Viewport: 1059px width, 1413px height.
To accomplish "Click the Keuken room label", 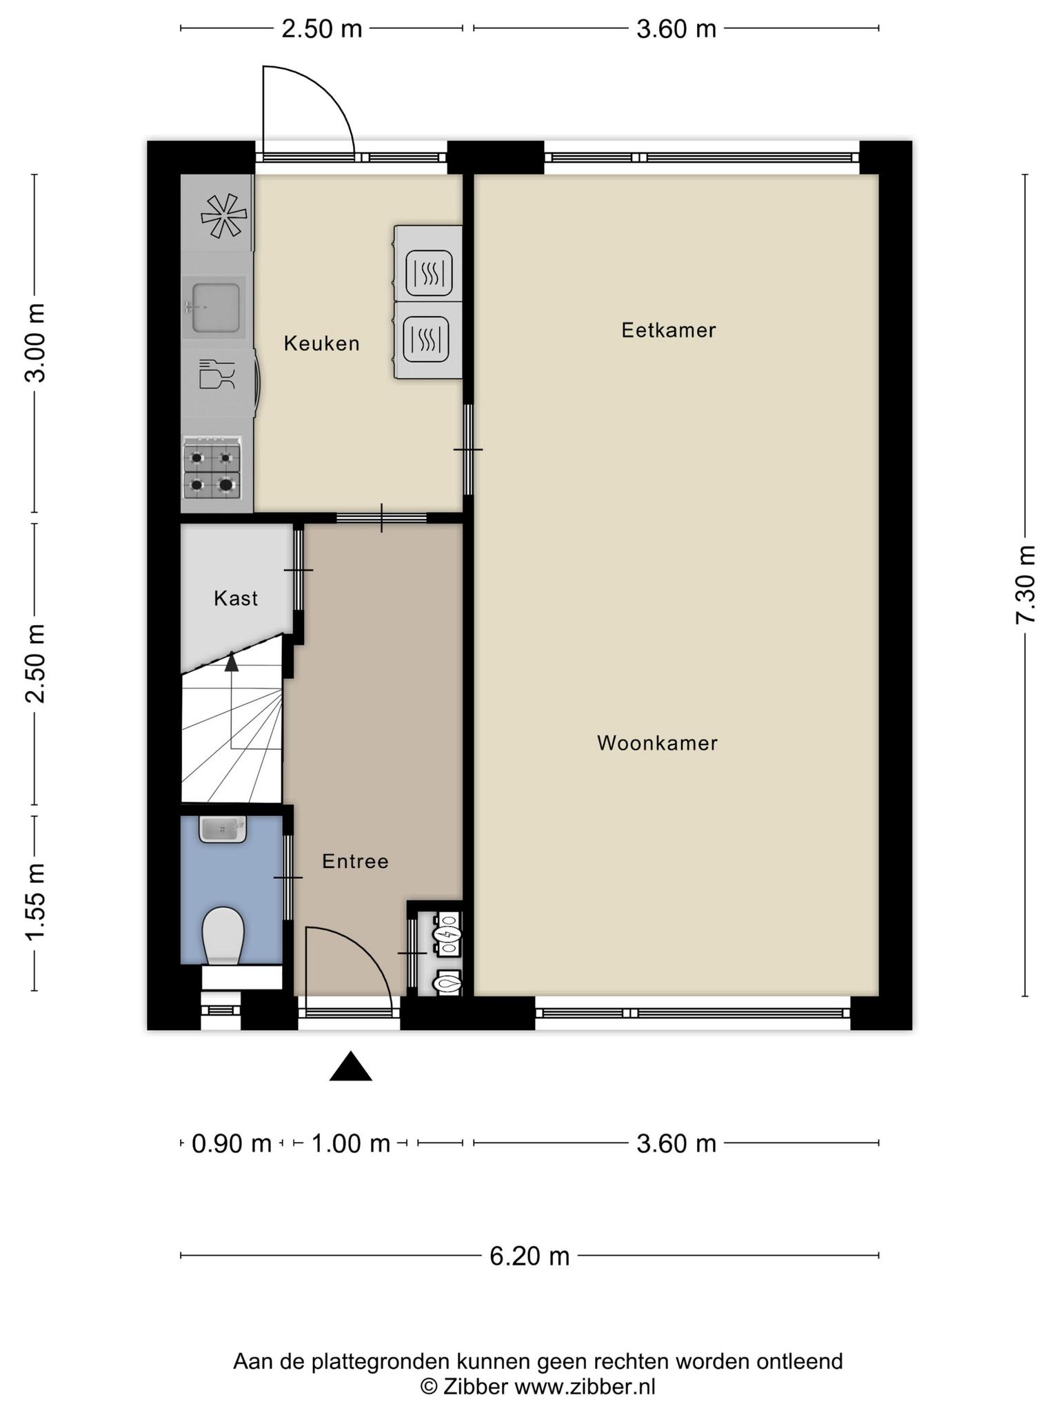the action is tap(322, 343).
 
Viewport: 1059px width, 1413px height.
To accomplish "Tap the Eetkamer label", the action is tap(668, 330).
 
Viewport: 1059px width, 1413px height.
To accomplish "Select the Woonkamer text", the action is tap(657, 743).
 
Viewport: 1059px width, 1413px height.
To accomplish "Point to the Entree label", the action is tap(355, 861).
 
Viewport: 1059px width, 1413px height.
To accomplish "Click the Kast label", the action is tap(236, 598).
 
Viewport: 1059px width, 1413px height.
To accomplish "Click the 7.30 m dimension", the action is tap(1025, 584).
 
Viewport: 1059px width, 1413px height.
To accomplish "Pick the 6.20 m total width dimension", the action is tap(529, 1256).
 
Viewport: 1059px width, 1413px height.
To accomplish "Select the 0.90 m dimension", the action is tap(231, 1144).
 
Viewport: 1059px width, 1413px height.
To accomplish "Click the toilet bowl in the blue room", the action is tap(223, 936).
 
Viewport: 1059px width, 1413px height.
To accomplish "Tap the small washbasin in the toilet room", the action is tap(223, 829).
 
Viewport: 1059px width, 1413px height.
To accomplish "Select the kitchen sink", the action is tap(214, 307).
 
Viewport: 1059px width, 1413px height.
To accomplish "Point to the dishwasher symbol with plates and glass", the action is tap(217, 374).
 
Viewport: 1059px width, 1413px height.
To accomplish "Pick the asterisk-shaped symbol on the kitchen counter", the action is tap(223, 216).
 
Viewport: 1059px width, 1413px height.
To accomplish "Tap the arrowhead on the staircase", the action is tap(232, 662).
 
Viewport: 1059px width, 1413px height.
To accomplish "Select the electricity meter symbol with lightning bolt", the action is tap(447, 935).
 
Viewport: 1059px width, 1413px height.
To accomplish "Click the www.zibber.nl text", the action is tap(585, 1387).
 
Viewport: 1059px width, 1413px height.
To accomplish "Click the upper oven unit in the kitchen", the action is tap(428, 264).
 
